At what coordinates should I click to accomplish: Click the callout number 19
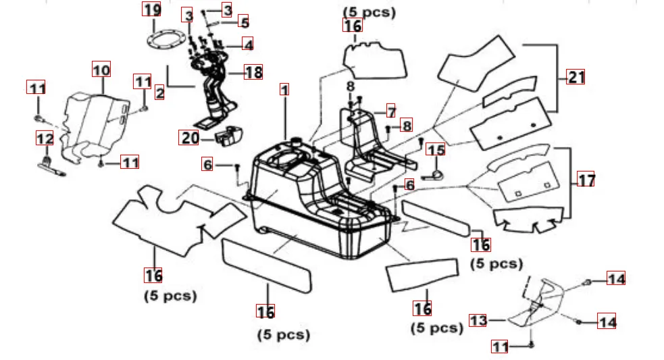click(x=152, y=9)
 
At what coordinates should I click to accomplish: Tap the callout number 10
click(x=101, y=69)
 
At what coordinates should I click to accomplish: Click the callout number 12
click(x=45, y=138)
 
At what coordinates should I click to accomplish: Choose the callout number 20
click(x=189, y=138)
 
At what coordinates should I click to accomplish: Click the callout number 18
click(x=253, y=72)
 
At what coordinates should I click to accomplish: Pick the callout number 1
click(x=284, y=90)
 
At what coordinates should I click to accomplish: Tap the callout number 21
click(x=576, y=76)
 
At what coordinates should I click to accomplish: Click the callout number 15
click(x=436, y=151)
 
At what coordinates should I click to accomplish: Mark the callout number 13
click(x=478, y=320)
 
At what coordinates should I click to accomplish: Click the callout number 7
click(x=390, y=110)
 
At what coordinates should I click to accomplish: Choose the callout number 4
click(x=249, y=45)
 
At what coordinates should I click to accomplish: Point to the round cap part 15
click(x=435, y=175)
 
